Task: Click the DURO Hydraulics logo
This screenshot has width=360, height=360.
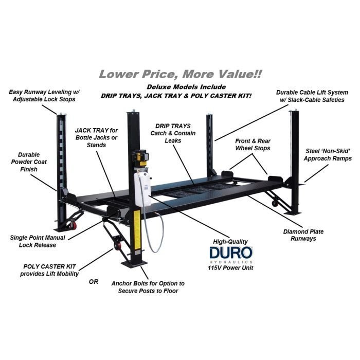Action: click(231, 255)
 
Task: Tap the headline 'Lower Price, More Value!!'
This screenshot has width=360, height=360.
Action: click(180, 74)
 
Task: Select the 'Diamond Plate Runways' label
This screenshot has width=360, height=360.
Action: click(303, 235)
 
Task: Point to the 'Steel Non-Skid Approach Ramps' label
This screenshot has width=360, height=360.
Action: click(328, 155)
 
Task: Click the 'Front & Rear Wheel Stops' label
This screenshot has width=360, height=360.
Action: click(253, 145)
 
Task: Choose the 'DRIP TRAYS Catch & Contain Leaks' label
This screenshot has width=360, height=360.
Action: click(173, 133)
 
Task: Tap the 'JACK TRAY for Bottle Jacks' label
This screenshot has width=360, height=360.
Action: click(96, 137)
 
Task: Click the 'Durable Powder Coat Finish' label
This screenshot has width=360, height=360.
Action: click(29, 162)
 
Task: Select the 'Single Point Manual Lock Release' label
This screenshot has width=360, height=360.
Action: click(38, 241)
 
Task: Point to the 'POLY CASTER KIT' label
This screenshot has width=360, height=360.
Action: click(49, 270)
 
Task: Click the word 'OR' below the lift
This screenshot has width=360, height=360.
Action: click(94, 281)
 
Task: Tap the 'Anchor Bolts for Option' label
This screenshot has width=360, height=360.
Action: click(148, 287)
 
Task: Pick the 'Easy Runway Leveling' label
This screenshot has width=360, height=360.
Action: click(44, 96)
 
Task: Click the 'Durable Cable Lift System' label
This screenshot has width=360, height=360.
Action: click(312, 96)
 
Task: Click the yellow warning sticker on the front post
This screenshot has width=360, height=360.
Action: click(137, 229)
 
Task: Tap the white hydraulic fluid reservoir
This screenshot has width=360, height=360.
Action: click(142, 188)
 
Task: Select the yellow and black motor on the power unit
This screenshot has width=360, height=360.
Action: click(141, 158)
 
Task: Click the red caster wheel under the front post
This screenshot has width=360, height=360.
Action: click(118, 246)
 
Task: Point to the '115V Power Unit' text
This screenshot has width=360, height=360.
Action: click(230, 268)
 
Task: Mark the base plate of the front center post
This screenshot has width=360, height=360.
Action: click(135, 264)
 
